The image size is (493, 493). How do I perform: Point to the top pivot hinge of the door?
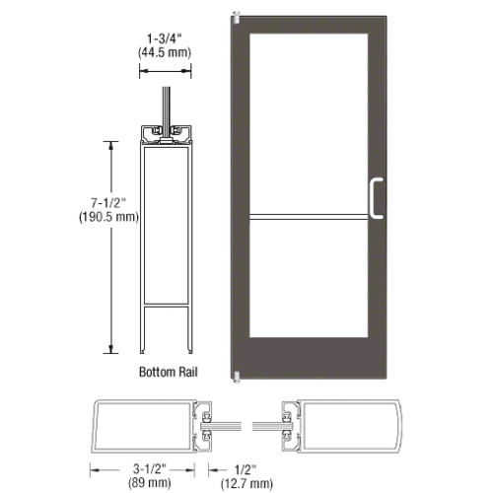point(235,16)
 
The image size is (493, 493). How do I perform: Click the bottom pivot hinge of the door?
point(235,375)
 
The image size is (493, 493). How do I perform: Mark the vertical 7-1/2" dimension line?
point(111,246)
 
